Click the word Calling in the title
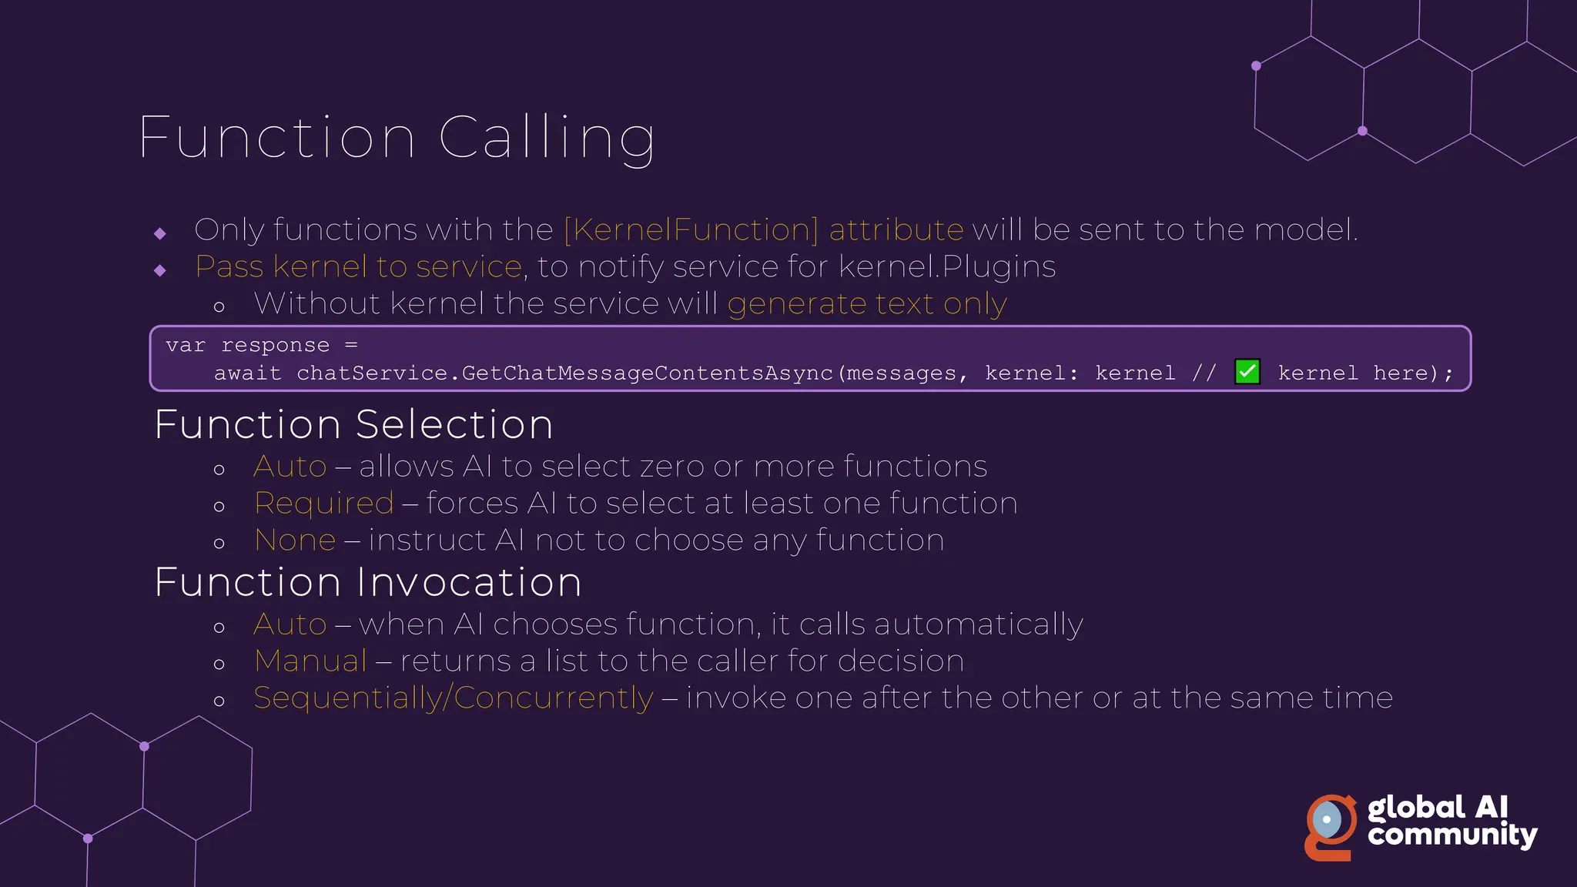pos(547,139)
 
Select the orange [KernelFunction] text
pos(691,229)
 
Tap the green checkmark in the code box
pos(1247,372)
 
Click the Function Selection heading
pos(353,424)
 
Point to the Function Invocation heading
pos(368,582)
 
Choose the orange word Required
pos(324,504)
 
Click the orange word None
pos(295,541)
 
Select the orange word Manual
pos(310,661)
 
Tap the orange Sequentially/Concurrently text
pos(454,698)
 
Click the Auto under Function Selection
pos(290,467)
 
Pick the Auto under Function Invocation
pos(290,624)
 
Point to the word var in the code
pos(185,346)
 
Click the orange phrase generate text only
pos(867,304)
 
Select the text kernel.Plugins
pos(946,267)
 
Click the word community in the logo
pos(1452,835)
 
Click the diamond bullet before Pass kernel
pos(160,270)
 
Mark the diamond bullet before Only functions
pos(160,233)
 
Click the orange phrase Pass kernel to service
pos(359,267)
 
